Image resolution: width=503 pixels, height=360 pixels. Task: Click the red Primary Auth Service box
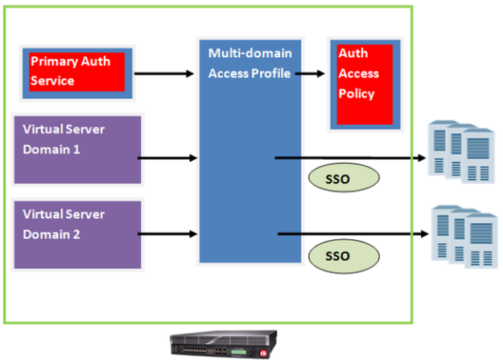point(77,70)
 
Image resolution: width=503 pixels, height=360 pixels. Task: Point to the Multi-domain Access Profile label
point(249,63)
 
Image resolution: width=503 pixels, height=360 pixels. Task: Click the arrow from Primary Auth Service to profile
point(165,74)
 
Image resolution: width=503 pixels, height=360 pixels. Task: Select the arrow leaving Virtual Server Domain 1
point(168,158)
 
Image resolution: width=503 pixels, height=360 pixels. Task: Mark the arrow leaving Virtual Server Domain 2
point(168,234)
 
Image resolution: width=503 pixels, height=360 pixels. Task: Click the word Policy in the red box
point(357,94)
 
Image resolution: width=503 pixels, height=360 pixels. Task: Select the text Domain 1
point(53,150)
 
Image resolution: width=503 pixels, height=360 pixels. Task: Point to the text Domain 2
point(53,235)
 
